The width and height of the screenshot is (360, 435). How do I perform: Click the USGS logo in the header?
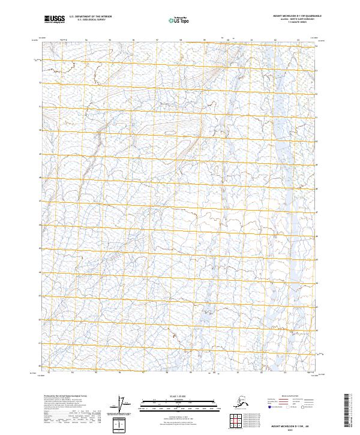(x=53, y=20)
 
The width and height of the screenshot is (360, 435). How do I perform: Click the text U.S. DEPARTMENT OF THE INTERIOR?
(x=90, y=18)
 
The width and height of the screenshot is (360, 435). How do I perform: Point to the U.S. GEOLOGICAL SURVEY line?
(x=90, y=21)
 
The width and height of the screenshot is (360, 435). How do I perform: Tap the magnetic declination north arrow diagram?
(x=123, y=404)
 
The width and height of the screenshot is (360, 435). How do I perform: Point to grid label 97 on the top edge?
(x=157, y=41)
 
